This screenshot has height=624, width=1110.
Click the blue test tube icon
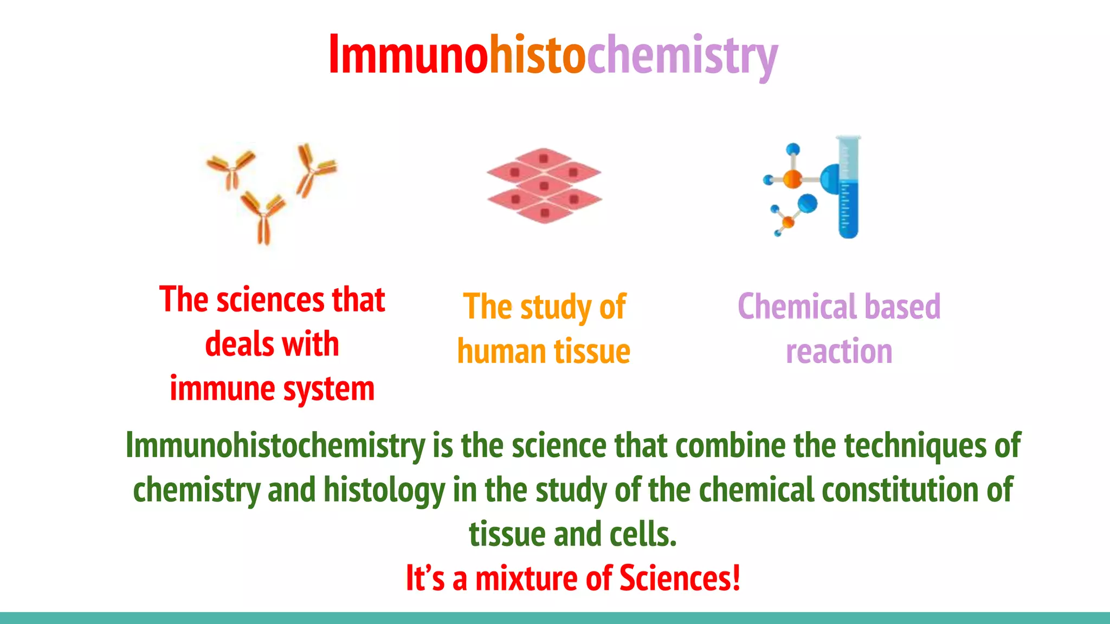(x=848, y=187)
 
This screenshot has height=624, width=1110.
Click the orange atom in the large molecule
(x=792, y=179)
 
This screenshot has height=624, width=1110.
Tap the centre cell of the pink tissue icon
(x=544, y=186)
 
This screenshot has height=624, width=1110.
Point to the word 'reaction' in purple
(x=839, y=352)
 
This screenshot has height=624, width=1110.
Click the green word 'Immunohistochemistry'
(x=275, y=446)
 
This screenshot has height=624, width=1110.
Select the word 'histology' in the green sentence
(x=384, y=490)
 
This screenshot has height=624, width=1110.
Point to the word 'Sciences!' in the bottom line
(x=680, y=578)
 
